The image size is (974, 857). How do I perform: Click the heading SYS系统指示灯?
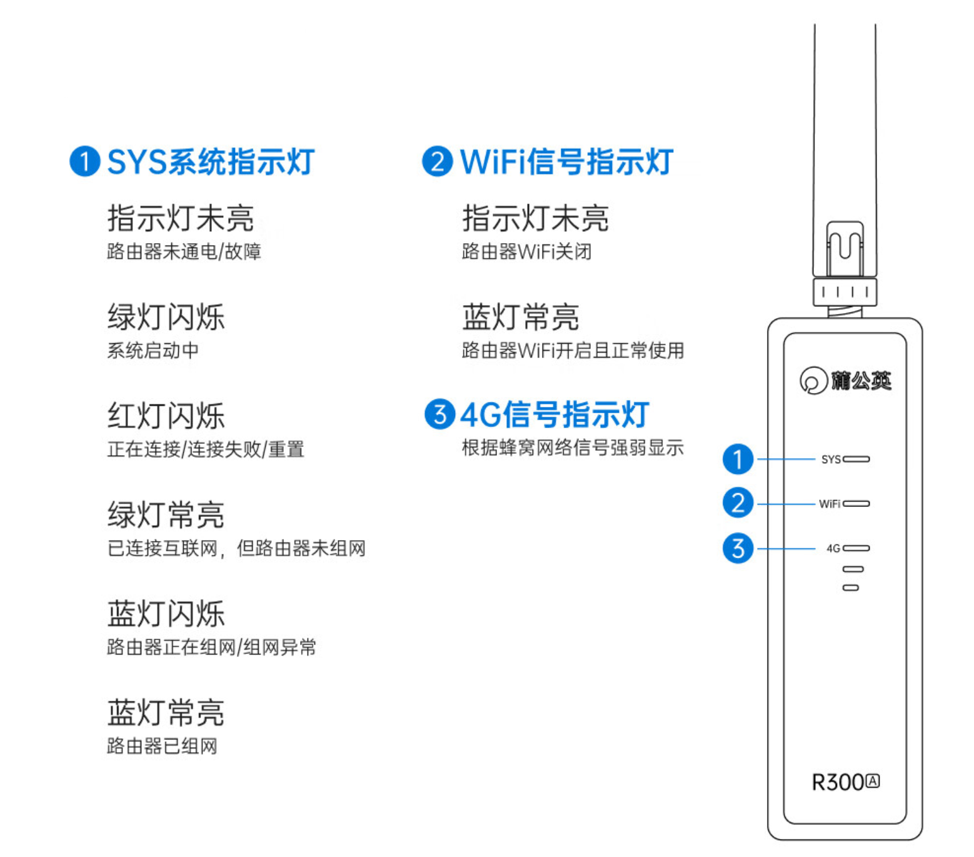click(x=211, y=162)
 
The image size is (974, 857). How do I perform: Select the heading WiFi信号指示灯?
click(x=566, y=162)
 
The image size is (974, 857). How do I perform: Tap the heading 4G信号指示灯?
click(x=555, y=414)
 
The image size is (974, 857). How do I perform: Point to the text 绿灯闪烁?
click(x=166, y=317)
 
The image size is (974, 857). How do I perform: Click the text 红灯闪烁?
click(x=166, y=416)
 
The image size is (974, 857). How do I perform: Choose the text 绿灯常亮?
click(x=166, y=515)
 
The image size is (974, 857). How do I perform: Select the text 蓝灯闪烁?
click(x=166, y=614)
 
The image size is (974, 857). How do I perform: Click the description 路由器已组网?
click(x=162, y=746)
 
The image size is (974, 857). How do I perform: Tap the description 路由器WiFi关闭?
click(x=526, y=251)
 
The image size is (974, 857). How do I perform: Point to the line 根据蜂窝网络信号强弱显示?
click(x=572, y=448)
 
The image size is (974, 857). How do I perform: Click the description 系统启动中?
click(x=153, y=350)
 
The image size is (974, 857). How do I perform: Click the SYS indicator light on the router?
click(x=856, y=459)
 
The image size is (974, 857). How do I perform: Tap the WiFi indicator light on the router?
click(x=856, y=504)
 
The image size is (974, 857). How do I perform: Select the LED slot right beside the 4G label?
click(x=856, y=548)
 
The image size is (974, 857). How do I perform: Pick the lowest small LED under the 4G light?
click(x=851, y=588)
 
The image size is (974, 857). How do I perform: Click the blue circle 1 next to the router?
click(x=738, y=459)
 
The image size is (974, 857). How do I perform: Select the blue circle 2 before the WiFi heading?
click(x=437, y=162)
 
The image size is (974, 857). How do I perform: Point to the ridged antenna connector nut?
click(x=845, y=292)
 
